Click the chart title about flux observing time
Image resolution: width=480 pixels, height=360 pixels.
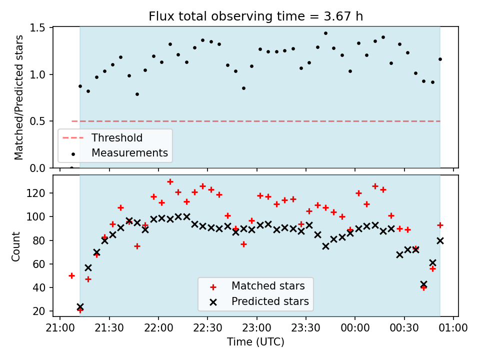(255, 16)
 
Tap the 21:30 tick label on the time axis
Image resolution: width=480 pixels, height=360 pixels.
(109, 328)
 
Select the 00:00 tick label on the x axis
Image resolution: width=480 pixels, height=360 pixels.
(355, 328)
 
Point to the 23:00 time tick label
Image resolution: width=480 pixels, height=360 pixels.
(256, 328)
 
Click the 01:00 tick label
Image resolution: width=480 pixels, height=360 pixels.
(453, 328)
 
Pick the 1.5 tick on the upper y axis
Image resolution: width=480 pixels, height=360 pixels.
(37, 28)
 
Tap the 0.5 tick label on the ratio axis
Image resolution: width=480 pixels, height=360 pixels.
(37, 121)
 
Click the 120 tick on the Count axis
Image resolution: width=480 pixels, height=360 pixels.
(36, 193)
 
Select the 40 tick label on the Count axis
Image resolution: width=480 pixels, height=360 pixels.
(39, 287)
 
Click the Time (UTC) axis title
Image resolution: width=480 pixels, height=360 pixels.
(255, 341)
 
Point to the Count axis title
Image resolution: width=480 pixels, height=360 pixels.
(15, 246)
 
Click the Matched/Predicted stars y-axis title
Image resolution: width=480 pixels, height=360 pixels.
(18, 97)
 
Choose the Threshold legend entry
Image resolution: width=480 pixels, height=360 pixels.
(102, 138)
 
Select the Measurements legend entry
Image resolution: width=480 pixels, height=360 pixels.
(119, 153)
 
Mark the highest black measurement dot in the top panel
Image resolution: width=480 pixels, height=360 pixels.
(325, 33)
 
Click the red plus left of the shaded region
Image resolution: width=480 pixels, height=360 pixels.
(71, 276)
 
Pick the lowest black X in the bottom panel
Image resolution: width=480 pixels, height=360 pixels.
(80, 306)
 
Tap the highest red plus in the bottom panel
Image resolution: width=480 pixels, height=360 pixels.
(170, 182)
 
